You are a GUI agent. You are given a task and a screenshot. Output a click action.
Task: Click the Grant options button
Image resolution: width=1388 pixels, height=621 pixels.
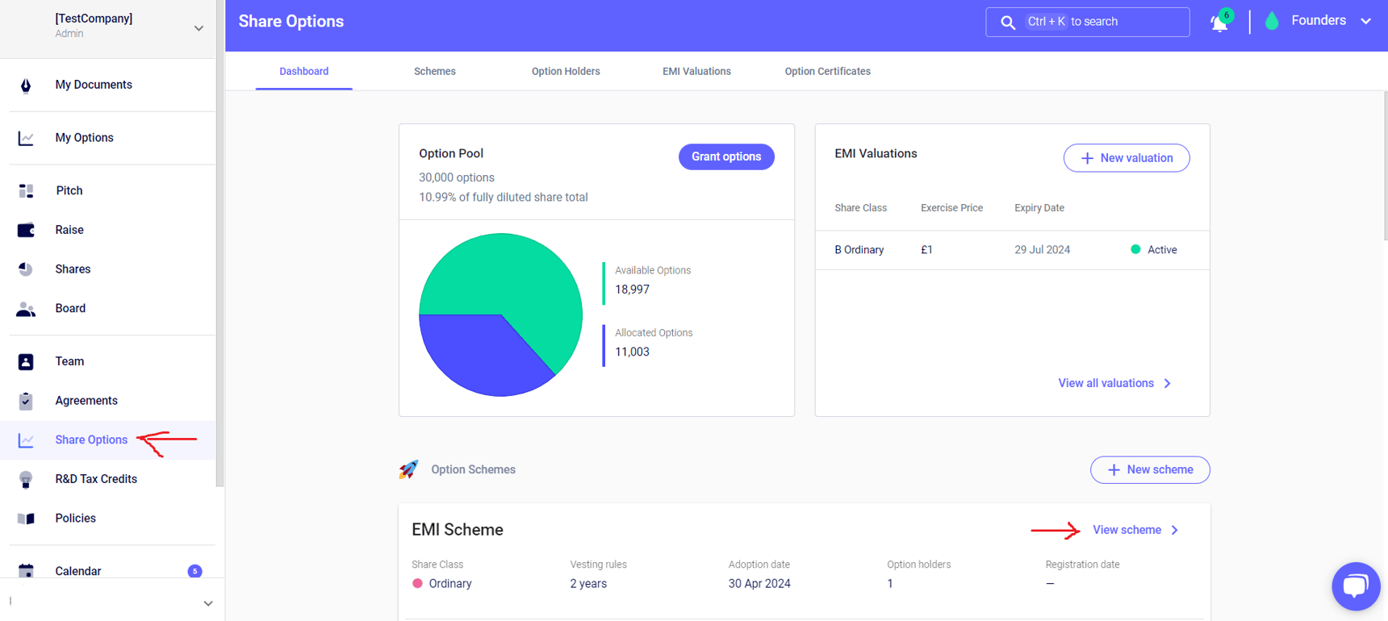[x=725, y=156]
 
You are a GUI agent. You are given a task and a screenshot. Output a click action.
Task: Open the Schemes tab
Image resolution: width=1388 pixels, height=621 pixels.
[x=434, y=71]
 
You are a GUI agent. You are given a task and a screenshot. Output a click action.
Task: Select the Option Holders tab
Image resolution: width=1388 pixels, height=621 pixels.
[x=565, y=71]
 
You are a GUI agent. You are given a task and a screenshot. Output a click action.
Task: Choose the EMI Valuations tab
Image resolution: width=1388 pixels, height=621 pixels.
[x=696, y=71]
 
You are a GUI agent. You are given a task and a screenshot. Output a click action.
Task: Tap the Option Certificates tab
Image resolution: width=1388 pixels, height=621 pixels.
[x=827, y=71]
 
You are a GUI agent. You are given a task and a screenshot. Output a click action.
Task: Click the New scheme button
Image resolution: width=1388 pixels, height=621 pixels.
[x=1150, y=469]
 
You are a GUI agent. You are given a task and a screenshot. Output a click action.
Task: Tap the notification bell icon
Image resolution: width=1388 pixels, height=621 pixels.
[x=1219, y=23]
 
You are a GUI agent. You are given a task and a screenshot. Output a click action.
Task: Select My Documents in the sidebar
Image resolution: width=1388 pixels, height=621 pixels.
[x=93, y=85]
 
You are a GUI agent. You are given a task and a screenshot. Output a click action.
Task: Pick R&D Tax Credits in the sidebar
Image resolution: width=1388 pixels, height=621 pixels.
[x=95, y=479]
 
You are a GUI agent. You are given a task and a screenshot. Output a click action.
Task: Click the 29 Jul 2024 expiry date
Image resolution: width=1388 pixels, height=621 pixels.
[x=1042, y=250]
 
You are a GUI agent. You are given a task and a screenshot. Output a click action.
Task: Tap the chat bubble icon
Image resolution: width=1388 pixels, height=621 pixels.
[x=1355, y=586]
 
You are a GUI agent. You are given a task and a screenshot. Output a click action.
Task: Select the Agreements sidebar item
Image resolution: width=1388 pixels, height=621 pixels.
[x=86, y=401]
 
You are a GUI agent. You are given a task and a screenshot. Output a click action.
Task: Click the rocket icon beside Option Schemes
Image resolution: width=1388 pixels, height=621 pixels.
[x=408, y=469]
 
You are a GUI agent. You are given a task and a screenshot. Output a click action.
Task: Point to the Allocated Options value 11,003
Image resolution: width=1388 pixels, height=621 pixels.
[x=632, y=352]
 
